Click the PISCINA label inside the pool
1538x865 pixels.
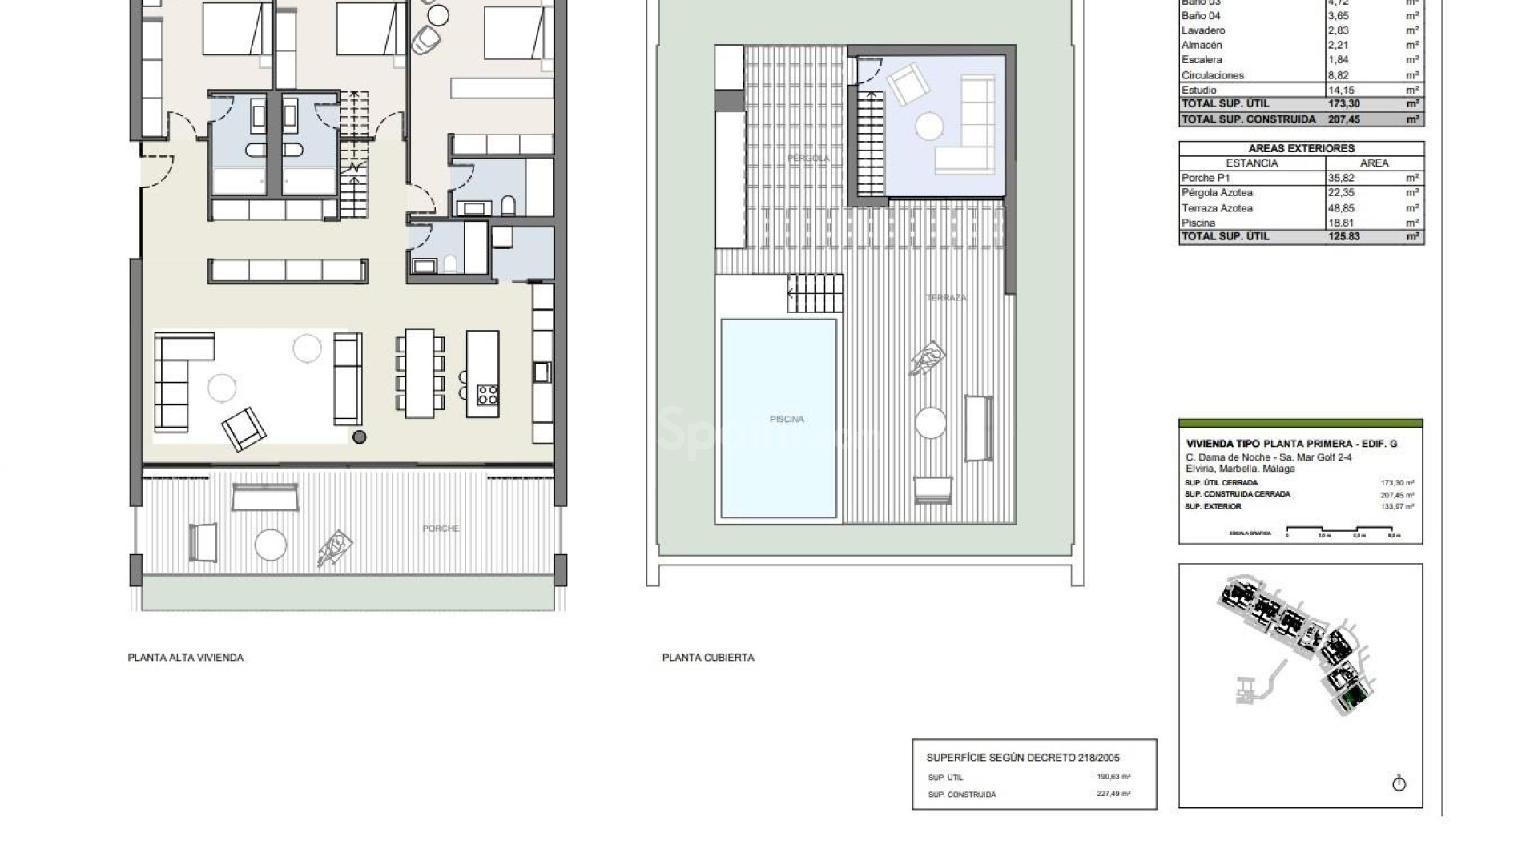pyautogui.click(x=786, y=419)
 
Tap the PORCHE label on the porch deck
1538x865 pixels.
pyautogui.click(x=441, y=529)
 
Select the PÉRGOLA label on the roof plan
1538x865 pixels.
pyautogui.click(x=808, y=159)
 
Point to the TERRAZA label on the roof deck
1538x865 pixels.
pyautogui.click(x=946, y=298)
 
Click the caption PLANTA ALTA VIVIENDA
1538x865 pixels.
pyautogui.click(x=186, y=658)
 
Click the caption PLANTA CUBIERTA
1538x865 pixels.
pyautogui.click(x=708, y=658)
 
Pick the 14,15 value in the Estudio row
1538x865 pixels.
pyautogui.click(x=1343, y=91)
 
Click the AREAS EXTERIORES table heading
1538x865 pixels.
pyautogui.click(x=1301, y=148)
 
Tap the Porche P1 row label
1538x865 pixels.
pyautogui.click(x=1205, y=178)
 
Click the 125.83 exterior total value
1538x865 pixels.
pyautogui.click(x=1343, y=237)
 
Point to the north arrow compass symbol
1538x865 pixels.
pyautogui.click(x=1399, y=783)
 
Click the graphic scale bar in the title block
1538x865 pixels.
pyautogui.click(x=1343, y=529)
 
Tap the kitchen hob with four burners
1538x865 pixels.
pyautogui.click(x=487, y=395)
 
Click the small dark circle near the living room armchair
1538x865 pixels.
pyautogui.click(x=360, y=437)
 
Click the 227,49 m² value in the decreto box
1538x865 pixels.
pyautogui.click(x=1113, y=795)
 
